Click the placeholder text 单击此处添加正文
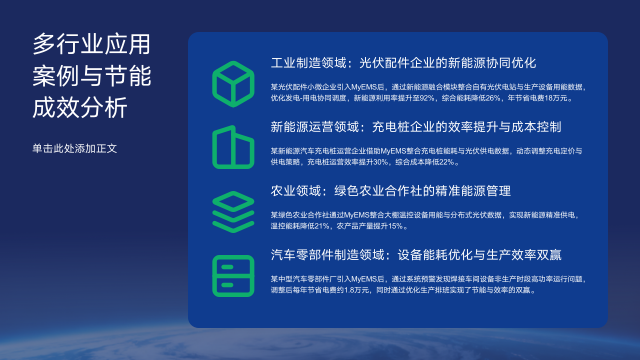pos(75,148)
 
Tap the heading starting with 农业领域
pos(391,190)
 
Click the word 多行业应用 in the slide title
pos(90,44)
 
